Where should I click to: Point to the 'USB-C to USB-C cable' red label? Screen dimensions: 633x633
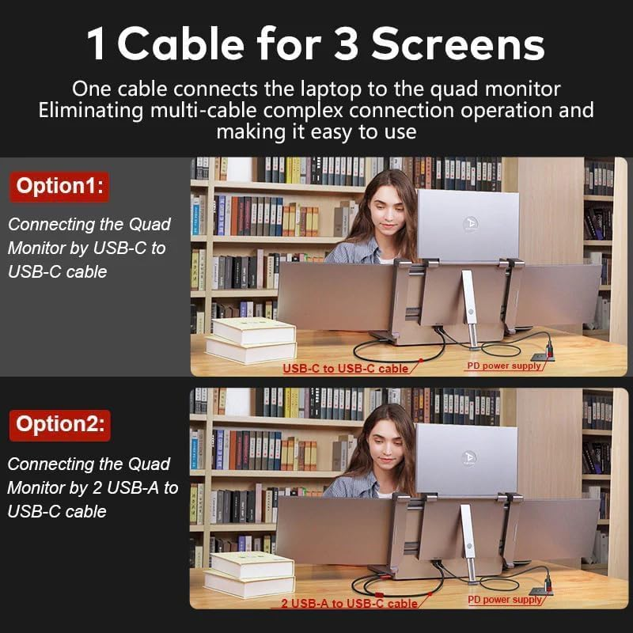[346, 368]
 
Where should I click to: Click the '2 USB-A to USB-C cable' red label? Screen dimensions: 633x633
[349, 604]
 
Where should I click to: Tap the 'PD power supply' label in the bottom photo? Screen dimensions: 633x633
[505, 600]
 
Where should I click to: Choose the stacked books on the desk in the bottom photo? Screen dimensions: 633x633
[251, 573]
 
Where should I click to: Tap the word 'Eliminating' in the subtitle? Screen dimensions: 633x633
[92, 109]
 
